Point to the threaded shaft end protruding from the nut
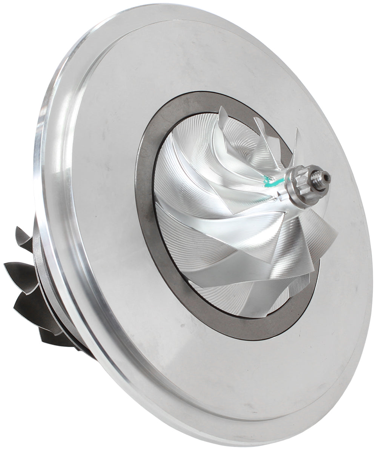click(321, 177)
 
